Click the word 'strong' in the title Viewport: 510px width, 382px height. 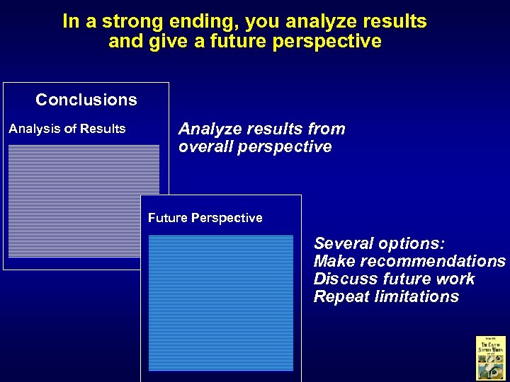click(x=127, y=22)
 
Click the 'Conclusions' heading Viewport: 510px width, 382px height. click(x=86, y=100)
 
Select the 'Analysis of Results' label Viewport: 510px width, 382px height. click(x=67, y=129)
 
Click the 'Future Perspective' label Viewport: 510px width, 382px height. click(x=205, y=218)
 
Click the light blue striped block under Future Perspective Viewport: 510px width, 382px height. click(x=220, y=303)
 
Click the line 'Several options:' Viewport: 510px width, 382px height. click(x=379, y=244)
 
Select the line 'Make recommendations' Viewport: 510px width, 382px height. click(x=409, y=262)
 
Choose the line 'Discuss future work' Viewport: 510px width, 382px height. click(x=394, y=279)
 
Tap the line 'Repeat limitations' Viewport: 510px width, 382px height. click(x=386, y=297)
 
